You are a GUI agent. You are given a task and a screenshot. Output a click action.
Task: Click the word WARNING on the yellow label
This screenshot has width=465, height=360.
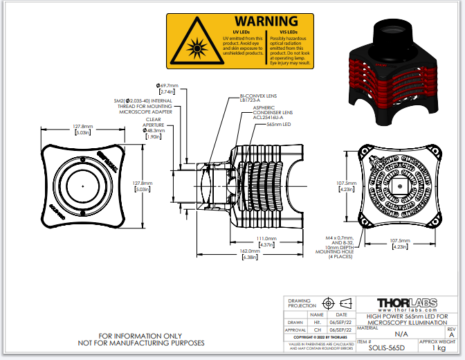266,21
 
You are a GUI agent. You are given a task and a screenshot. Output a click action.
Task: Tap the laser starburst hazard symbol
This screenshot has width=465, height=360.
196,48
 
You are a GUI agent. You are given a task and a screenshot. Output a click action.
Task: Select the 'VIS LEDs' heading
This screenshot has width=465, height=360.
289,32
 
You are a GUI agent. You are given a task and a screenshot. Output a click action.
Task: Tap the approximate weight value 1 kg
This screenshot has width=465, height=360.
438,348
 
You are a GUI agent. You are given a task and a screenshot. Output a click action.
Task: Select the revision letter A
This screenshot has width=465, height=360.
452,333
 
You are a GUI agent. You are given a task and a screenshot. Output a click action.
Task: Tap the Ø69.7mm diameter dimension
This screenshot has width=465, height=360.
168,86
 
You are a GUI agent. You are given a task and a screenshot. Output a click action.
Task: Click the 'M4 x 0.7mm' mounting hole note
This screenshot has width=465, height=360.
339,237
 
